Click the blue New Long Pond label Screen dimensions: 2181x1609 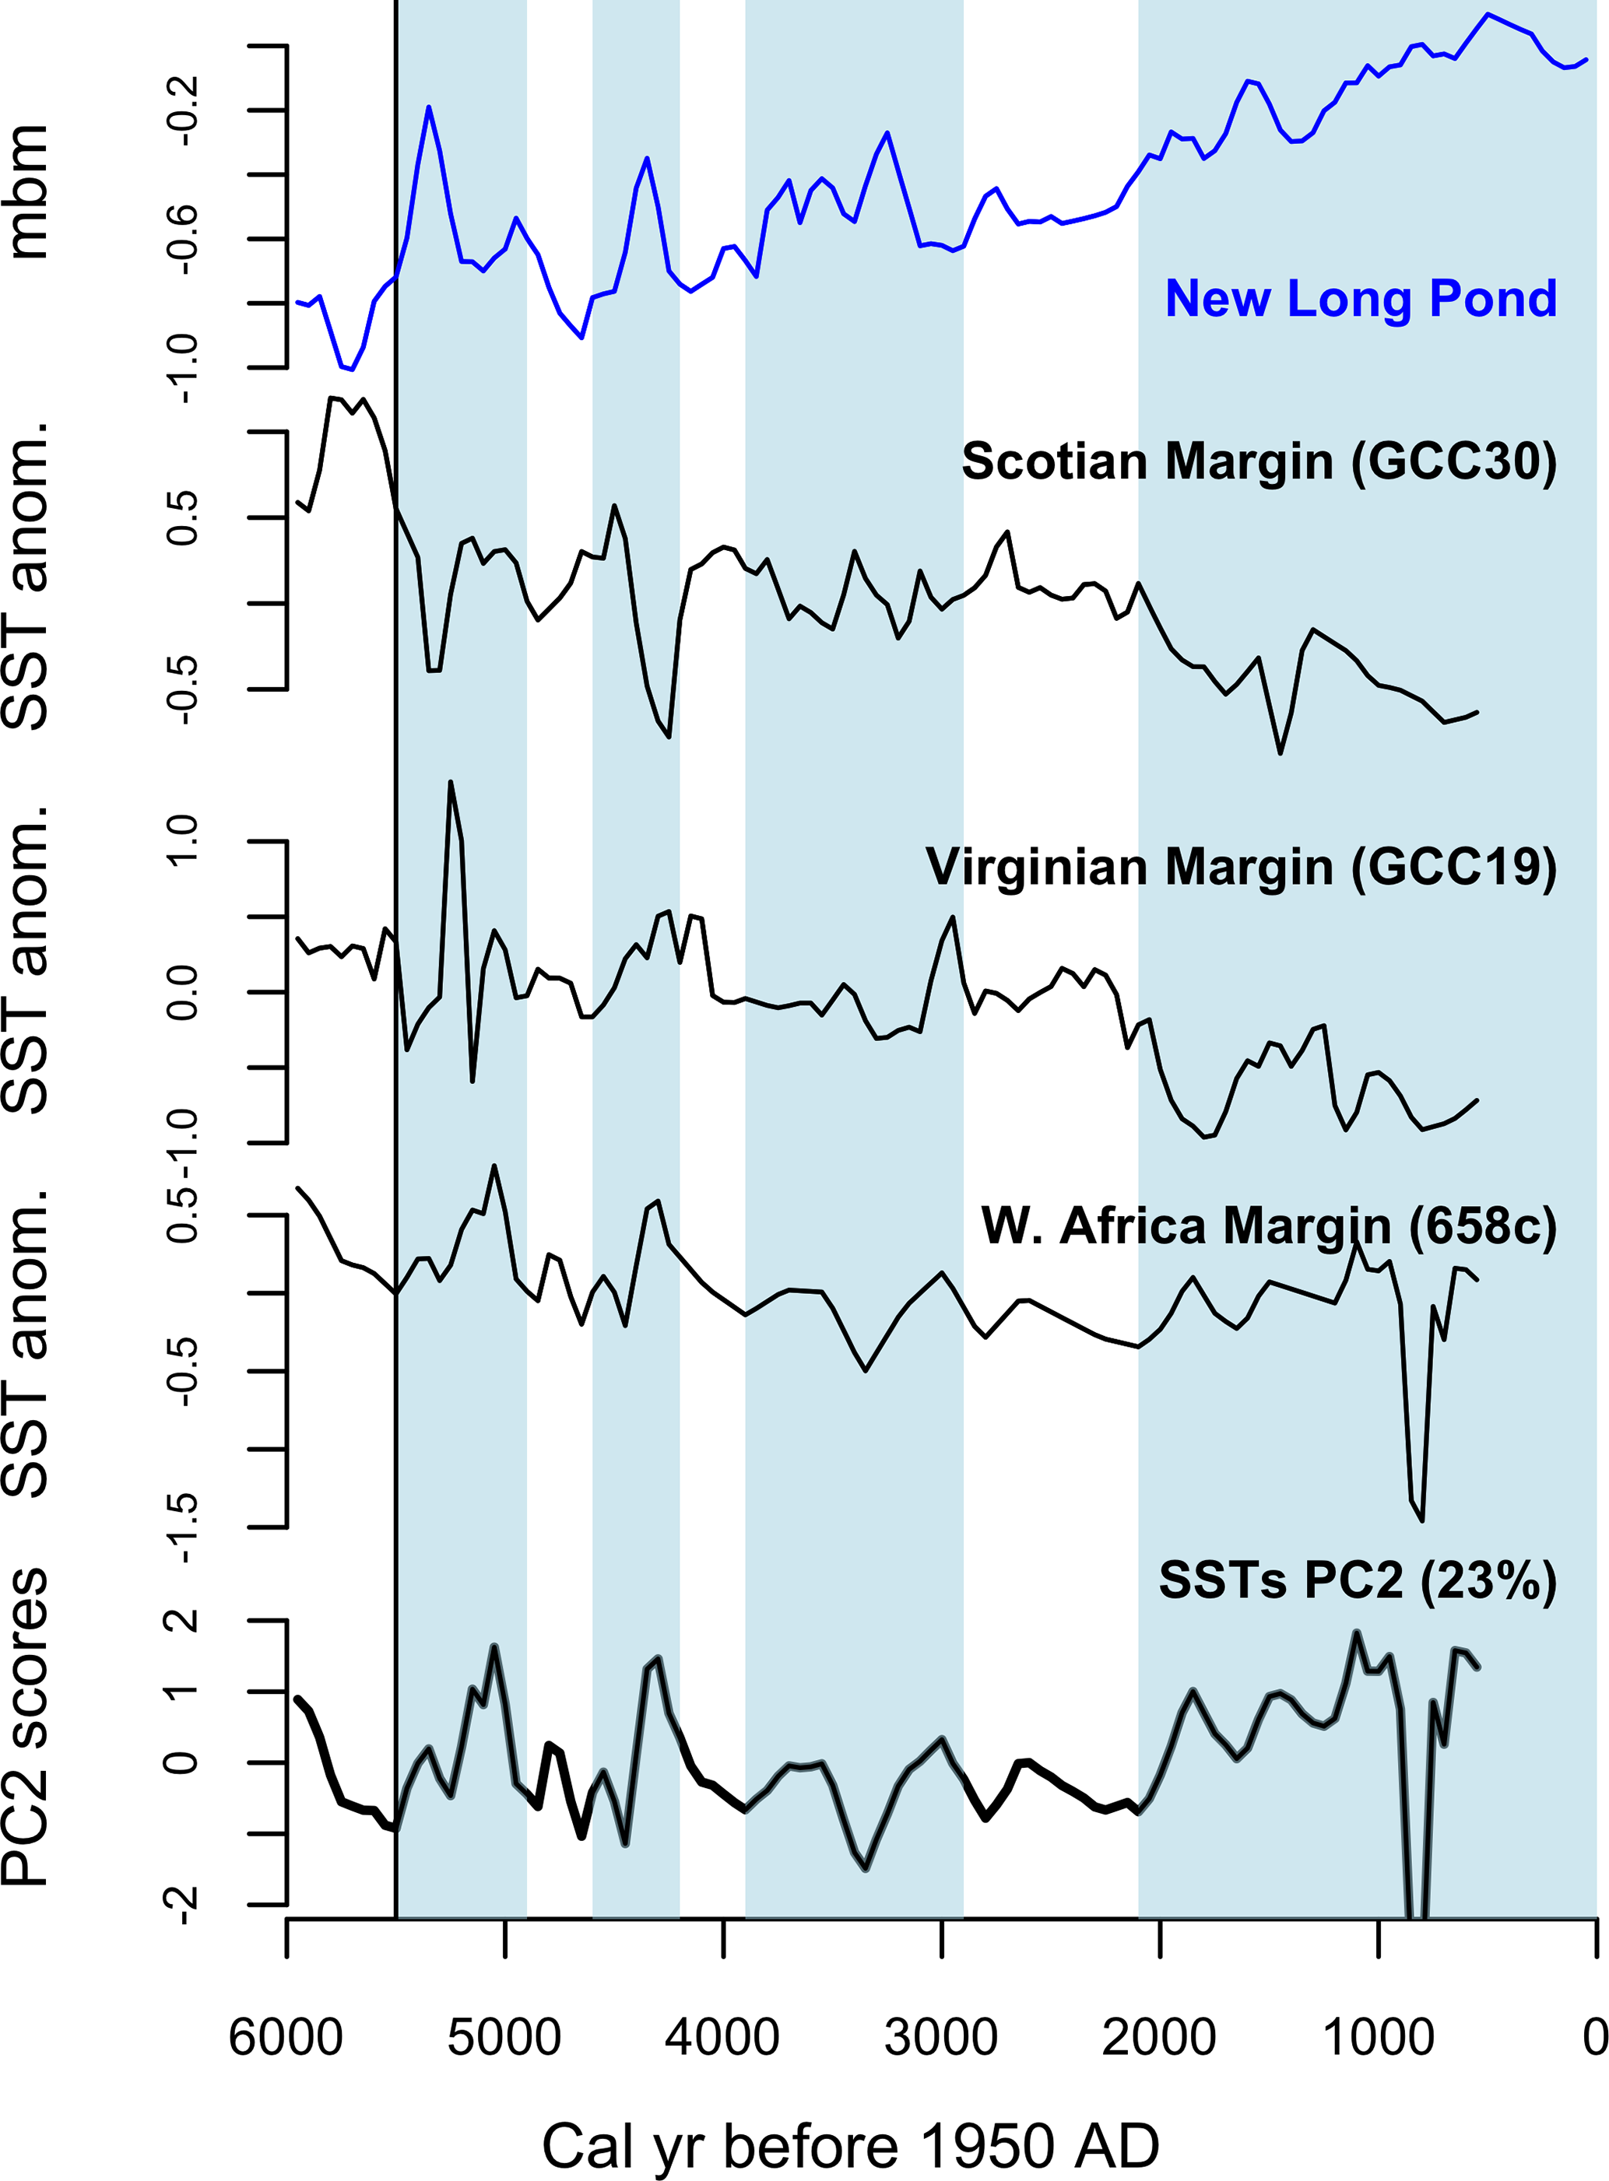click(x=1361, y=298)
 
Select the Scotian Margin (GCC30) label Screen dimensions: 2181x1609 click(x=1259, y=461)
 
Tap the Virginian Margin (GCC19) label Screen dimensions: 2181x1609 click(x=1241, y=867)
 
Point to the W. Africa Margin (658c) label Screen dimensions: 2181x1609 click(x=1269, y=1225)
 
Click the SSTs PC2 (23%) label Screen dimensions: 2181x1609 click(x=1358, y=1580)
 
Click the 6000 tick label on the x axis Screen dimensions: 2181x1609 click(x=286, y=2037)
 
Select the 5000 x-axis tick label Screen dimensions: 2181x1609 click(x=504, y=2037)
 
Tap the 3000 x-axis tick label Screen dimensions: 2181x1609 click(x=941, y=2037)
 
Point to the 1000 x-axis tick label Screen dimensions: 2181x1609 click(x=1377, y=2037)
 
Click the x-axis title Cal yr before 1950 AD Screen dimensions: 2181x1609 click(x=850, y=2147)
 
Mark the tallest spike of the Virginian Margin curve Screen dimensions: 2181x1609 click(x=450, y=782)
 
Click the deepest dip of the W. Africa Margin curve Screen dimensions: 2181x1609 click(x=1423, y=1520)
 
